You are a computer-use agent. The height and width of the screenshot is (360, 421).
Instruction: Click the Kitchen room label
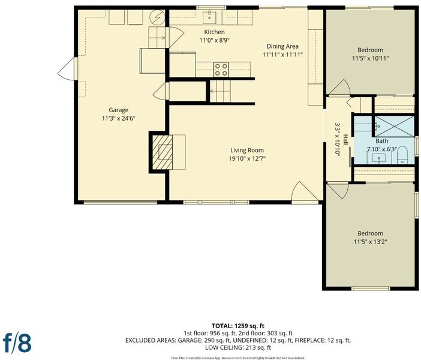click(x=214, y=32)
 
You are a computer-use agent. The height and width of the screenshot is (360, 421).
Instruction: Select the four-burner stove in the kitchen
click(x=221, y=70)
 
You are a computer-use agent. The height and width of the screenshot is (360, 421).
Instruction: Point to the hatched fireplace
click(x=163, y=152)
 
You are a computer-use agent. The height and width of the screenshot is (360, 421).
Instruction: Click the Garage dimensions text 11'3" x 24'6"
click(x=118, y=118)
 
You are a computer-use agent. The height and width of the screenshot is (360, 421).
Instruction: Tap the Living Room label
click(x=247, y=150)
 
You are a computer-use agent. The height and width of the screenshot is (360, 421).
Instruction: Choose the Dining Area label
click(x=282, y=46)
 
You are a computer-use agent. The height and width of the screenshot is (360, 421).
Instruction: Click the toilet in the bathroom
click(x=402, y=155)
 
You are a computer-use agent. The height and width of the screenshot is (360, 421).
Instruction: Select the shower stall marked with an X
click(x=395, y=126)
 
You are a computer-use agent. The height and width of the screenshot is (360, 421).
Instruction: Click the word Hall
click(x=345, y=139)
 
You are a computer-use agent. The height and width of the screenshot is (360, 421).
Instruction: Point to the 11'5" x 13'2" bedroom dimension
click(x=370, y=242)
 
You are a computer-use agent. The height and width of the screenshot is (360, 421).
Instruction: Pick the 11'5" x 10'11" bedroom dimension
click(x=370, y=58)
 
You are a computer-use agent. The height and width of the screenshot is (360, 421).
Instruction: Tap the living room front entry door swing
click(x=305, y=191)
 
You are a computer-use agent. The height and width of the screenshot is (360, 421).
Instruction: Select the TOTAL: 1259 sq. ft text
click(x=238, y=326)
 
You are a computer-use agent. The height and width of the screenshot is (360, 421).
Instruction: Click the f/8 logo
click(x=17, y=343)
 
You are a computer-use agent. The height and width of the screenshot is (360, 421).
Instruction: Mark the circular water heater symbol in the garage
click(x=157, y=17)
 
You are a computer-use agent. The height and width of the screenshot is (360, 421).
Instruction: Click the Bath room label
click(x=381, y=141)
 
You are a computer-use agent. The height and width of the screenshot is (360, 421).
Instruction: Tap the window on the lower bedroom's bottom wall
click(x=371, y=289)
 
